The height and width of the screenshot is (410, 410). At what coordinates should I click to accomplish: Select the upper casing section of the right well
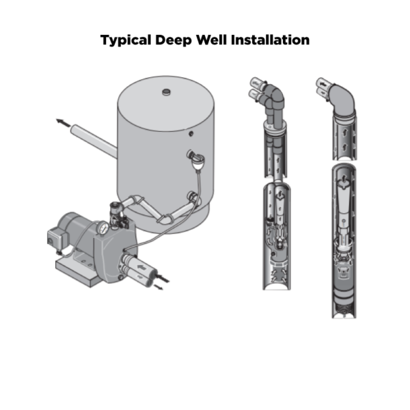point(343,133)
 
